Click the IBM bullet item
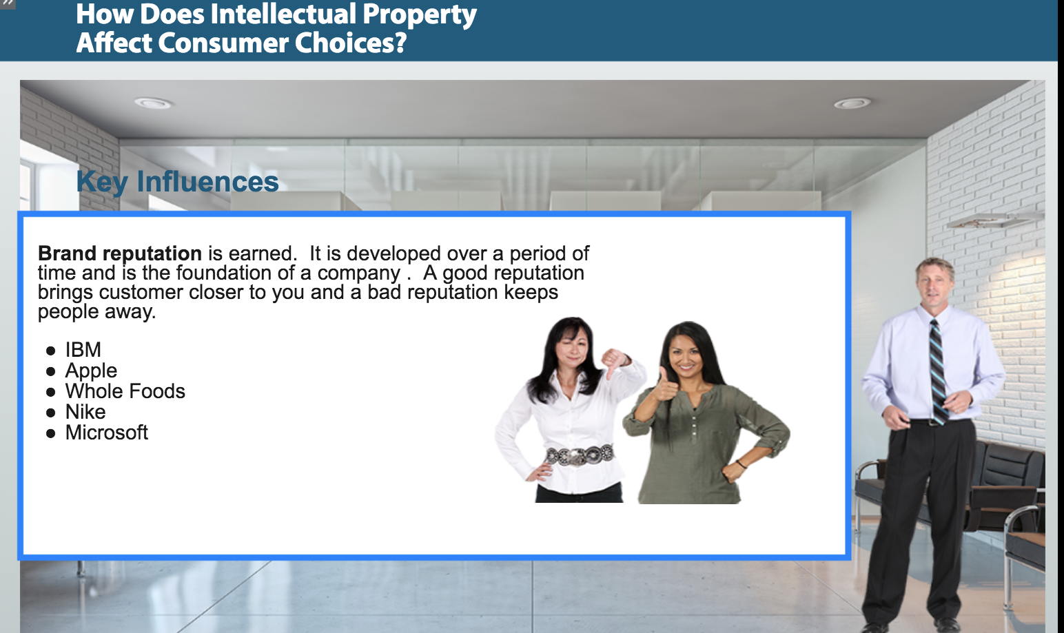(x=83, y=350)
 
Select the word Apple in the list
(x=91, y=371)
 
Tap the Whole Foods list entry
(x=125, y=391)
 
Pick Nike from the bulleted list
(x=85, y=412)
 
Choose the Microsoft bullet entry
(x=107, y=433)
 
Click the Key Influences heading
(x=178, y=182)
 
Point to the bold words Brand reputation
(x=120, y=253)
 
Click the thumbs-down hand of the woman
(x=614, y=363)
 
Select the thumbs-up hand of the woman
(x=665, y=386)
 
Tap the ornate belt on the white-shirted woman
(x=579, y=455)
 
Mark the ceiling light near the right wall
(x=852, y=103)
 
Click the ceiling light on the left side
(x=152, y=103)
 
